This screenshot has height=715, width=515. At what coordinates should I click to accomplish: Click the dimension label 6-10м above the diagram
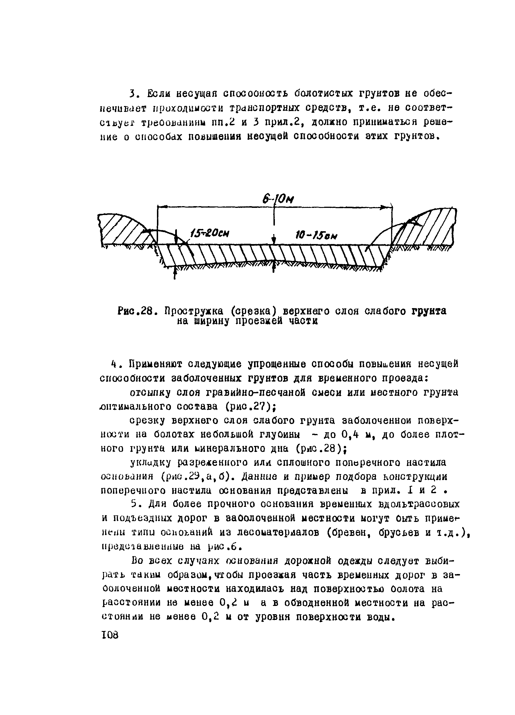(277, 199)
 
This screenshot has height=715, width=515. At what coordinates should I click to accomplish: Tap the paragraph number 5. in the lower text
(135, 504)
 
